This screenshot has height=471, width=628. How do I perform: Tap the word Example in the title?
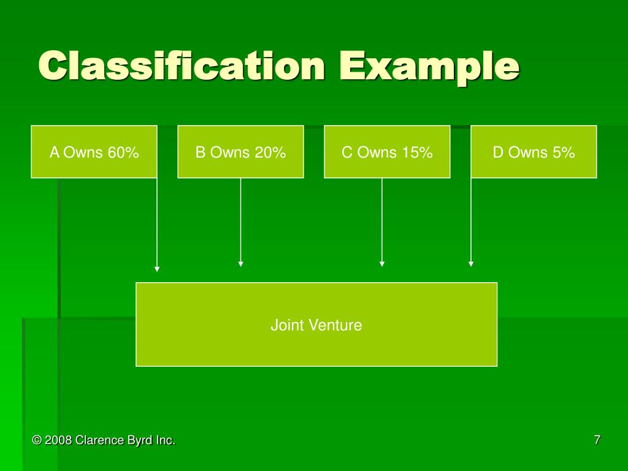coord(429,66)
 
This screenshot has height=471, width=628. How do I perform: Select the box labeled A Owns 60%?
coord(94,151)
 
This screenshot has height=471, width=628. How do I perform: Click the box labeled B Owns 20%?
coord(240,151)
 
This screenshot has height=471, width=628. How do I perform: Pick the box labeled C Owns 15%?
coord(387,151)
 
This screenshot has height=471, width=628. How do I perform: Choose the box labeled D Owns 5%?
coord(534,151)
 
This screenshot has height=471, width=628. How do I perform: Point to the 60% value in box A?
coord(123,153)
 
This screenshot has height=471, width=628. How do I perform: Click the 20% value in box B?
coord(270,153)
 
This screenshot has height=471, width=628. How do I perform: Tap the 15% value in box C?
coord(417,153)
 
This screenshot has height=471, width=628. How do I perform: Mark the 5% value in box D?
coord(563,153)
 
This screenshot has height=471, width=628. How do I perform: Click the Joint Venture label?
coord(316,325)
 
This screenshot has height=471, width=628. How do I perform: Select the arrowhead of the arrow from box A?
coord(157,269)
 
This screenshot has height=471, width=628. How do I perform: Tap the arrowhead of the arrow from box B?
coord(240,264)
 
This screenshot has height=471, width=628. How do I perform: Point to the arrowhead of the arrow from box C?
coord(382,264)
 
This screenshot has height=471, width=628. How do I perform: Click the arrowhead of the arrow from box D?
coord(471,264)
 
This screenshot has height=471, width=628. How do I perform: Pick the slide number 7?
coord(597,439)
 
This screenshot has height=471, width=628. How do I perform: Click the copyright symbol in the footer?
coord(37,440)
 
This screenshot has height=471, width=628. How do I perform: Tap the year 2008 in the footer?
coord(58,440)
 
